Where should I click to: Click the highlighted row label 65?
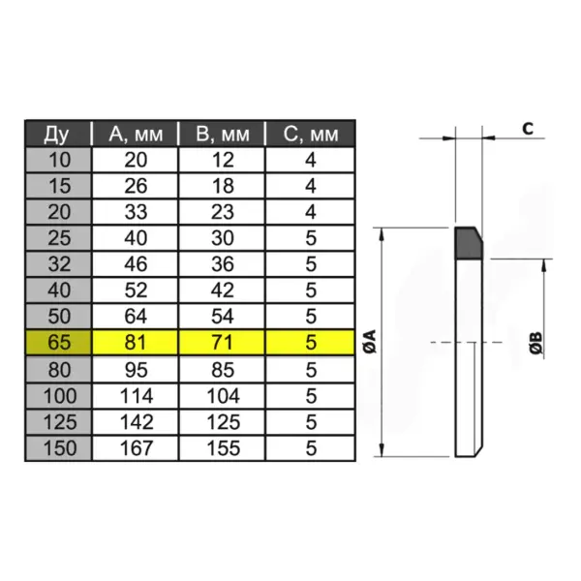[57, 342]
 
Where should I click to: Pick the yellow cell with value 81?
[138, 342]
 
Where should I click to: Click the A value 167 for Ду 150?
[138, 449]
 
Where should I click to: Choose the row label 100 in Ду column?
[57, 395]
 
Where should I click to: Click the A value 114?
[138, 395]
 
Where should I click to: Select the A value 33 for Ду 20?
[138, 211]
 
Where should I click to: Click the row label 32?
[57, 262]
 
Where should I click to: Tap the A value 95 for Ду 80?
[138, 368]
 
